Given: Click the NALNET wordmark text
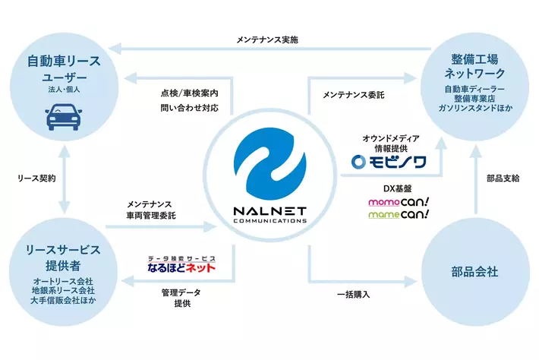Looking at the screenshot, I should point(269,213).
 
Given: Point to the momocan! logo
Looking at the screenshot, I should point(398,203).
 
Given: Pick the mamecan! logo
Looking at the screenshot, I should point(398,215).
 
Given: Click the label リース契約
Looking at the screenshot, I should point(36,179).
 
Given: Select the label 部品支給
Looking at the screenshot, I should point(503,178).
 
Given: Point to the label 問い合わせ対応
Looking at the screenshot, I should point(189,109).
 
